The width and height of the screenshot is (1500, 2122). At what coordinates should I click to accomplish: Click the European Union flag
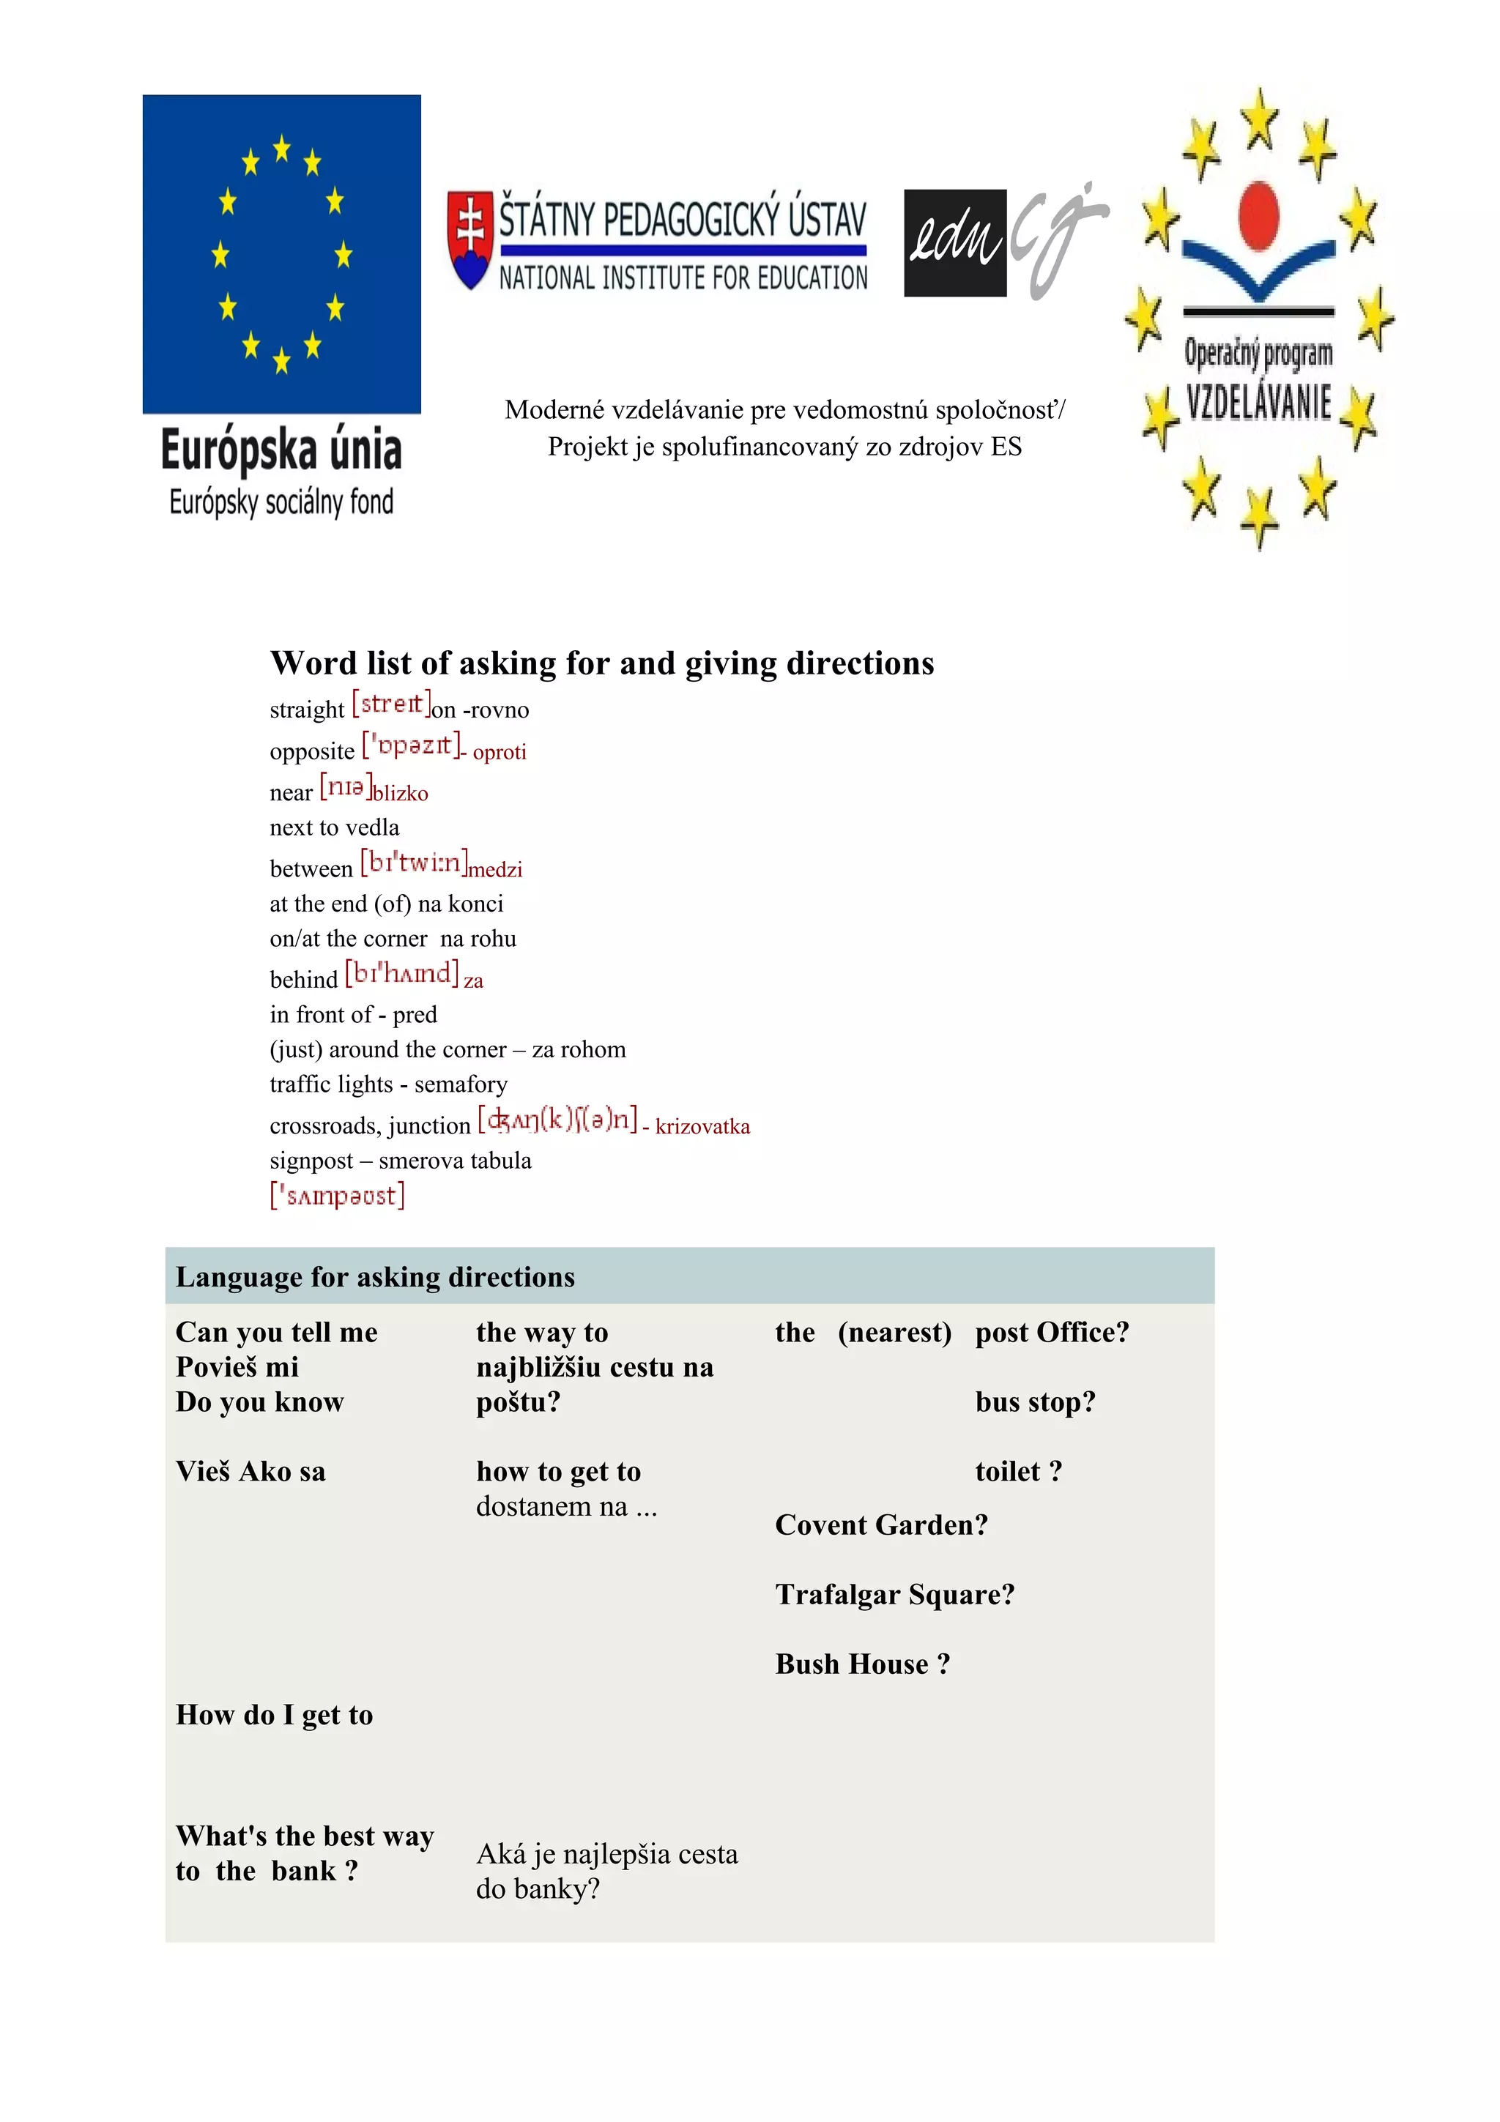tap(281, 253)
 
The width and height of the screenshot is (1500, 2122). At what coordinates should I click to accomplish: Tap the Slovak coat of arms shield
tap(469, 239)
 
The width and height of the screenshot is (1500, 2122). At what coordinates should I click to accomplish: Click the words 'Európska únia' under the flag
tap(281, 451)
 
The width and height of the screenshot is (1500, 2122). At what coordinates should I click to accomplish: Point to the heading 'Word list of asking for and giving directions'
tap(601, 663)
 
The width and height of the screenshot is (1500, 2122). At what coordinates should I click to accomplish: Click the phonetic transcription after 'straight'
tap(392, 704)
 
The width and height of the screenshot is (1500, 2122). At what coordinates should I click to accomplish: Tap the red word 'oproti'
tap(499, 752)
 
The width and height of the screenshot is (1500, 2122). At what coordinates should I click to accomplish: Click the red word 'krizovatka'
tap(702, 1127)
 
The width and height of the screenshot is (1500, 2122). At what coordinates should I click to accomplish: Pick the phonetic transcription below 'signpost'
tap(338, 1196)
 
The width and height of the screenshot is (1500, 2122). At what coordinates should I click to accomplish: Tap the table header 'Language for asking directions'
tap(375, 1277)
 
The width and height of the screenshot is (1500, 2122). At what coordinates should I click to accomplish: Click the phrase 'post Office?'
tap(1052, 1333)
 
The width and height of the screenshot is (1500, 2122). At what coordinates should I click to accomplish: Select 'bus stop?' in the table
tap(1035, 1402)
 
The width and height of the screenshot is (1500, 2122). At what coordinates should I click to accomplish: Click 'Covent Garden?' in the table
tap(881, 1525)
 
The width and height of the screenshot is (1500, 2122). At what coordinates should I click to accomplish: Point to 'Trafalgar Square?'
tap(894, 1594)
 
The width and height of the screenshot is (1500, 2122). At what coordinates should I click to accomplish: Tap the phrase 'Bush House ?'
tap(862, 1664)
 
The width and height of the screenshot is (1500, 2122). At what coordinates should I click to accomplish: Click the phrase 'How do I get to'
tap(275, 1716)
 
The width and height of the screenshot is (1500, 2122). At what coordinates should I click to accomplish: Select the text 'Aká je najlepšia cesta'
tap(607, 1854)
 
